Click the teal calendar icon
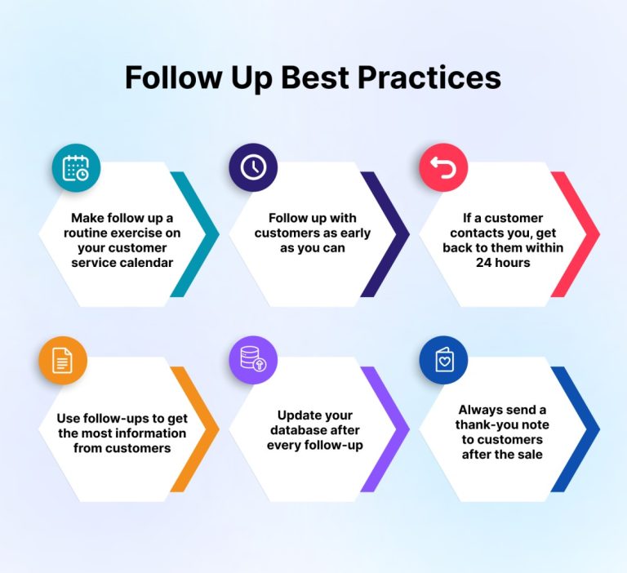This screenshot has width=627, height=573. pyautogui.click(x=76, y=168)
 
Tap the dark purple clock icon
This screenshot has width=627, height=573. pyautogui.click(x=253, y=167)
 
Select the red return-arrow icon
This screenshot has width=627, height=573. pyautogui.click(x=443, y=168)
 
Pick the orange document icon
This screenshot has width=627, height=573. pyautogui.click(x=63, y=360)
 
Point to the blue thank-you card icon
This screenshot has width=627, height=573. pyautogui.click(x=443, y=360)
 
